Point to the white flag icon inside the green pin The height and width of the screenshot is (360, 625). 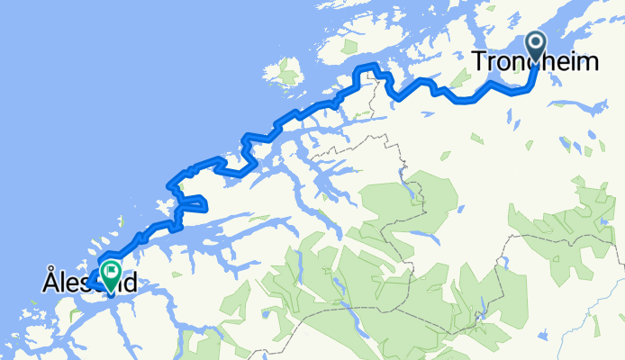111,269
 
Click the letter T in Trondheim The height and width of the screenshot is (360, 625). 479,62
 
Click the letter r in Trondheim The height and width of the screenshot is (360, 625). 489,64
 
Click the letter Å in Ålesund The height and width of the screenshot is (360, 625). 50,282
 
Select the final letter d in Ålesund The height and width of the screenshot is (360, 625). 131,283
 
